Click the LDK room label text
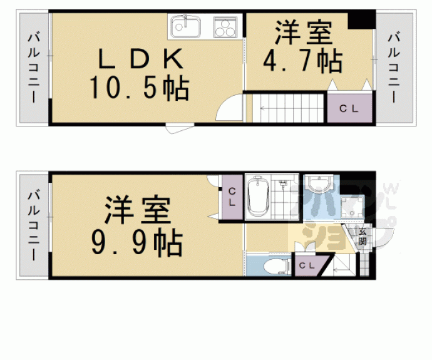(x=140, y=60)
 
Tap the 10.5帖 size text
(x=139, y=89)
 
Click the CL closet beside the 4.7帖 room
(x=349, y=108)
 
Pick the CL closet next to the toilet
(x=306, y=266)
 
